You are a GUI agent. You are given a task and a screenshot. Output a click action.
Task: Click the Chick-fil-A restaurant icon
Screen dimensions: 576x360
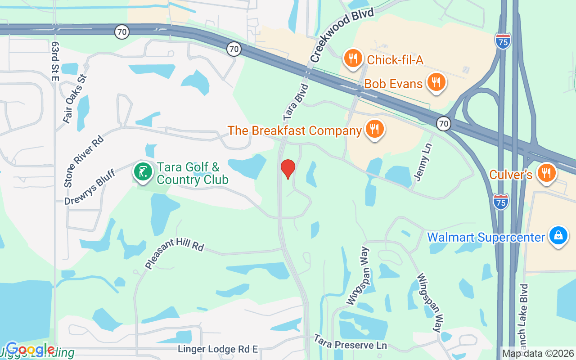353,58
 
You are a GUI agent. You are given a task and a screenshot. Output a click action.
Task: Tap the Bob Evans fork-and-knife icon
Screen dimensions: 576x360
436,82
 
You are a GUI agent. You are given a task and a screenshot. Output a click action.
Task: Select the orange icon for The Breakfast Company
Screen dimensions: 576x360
373,129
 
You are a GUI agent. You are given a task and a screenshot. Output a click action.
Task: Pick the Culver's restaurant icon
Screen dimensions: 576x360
547,173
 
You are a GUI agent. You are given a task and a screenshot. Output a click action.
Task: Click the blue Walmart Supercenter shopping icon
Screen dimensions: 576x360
558,236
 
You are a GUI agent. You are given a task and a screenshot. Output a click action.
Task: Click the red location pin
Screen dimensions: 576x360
288,169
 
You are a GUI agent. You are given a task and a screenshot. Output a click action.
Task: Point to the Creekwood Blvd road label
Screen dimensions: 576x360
342,36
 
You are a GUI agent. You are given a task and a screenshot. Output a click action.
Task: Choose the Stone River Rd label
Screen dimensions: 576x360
84,161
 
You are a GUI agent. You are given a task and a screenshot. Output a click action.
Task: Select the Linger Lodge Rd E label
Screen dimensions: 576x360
218,349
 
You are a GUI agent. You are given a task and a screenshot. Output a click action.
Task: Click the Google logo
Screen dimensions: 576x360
30,349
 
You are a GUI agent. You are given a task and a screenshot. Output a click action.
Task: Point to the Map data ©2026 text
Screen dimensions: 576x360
538,353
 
